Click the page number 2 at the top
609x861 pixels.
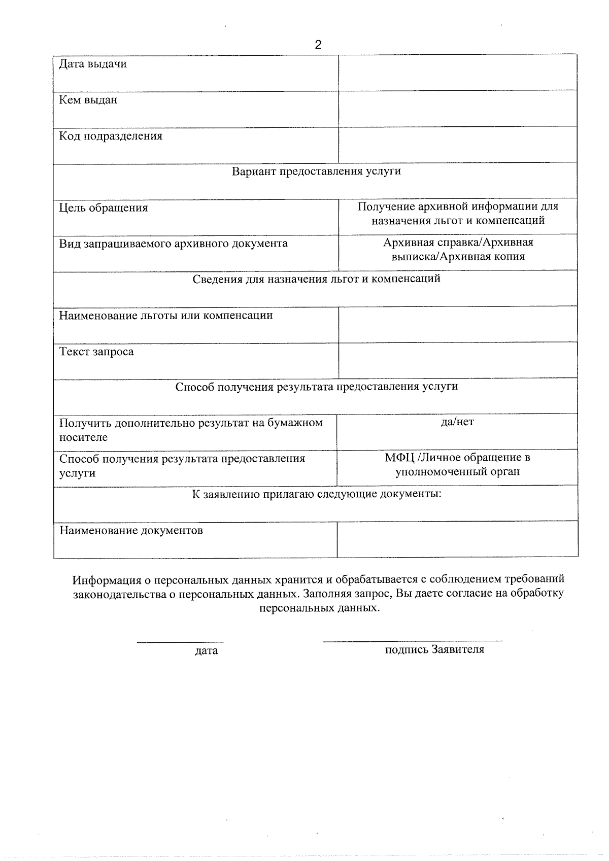coord(318,45)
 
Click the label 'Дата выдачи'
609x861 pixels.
coord(93,64)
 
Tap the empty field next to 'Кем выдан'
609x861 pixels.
coord(457,109)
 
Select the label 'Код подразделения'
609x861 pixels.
coord(111,136)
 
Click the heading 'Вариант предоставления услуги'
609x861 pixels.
coord(316,171)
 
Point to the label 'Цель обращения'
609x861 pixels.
coord(104,208)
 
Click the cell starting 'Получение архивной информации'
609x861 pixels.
coord(458,214)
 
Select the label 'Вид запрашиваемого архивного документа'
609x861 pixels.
coord(173,244)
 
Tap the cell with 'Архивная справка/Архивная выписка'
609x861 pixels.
coord(458,250)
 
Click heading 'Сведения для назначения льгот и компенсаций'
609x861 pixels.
coord(316,279)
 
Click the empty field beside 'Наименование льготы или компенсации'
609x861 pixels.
coord(457,324)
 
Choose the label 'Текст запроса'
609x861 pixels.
coord(96,352)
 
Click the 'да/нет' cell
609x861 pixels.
coord(457,422)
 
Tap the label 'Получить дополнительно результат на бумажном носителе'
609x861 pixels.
coord(191,430)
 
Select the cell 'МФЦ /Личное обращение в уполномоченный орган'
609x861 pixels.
coord(457,465)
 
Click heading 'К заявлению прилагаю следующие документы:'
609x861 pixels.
coord(316,494)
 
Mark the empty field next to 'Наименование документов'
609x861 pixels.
coord(457,539)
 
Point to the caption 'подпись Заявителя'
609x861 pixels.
coord(434,649)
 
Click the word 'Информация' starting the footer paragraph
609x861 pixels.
coord(105,579)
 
